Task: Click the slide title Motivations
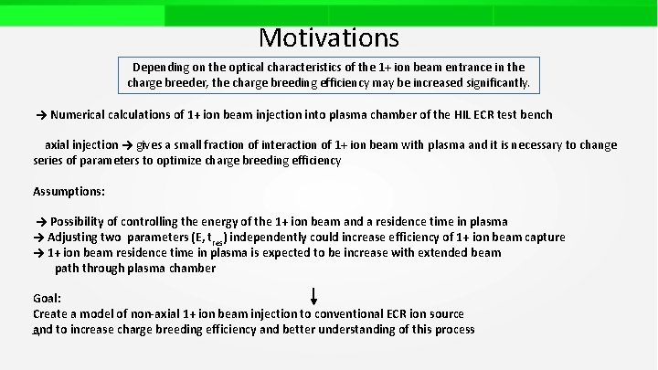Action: (329, 37)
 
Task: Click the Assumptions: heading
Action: (69, 192)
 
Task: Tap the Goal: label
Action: (48, 299)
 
